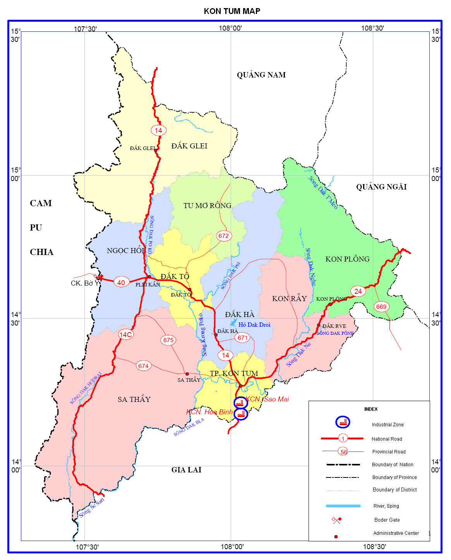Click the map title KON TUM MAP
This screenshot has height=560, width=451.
tap(232, 11)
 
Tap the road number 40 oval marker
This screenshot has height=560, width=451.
tap(121, 283)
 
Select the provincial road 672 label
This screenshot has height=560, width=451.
tap(223, 236)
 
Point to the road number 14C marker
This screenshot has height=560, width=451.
tap(126, 334)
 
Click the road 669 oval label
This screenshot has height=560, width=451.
tap(381, 307)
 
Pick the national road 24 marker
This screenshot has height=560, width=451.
tap(358, 291)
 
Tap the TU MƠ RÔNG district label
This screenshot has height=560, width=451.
tap(207, 205)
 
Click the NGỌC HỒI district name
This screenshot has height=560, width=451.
tap(126, 251)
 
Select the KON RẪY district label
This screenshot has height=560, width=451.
tap(289, 298)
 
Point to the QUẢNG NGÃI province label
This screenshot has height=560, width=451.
tap(381, 187)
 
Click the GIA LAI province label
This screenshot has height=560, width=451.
tap(186, 470)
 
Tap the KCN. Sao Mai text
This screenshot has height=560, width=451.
tap(268, 399)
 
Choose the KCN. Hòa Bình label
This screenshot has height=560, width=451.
tap(209, 412)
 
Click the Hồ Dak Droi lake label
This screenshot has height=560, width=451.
tap(254, 325)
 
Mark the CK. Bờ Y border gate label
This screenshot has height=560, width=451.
tap(85, 283)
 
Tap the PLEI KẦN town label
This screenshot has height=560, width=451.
tap(147, 285)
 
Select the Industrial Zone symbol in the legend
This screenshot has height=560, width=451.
tap(343, 422)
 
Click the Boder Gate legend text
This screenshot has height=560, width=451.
tap(387, 520)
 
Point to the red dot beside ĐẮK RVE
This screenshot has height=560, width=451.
tap(319, 325)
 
